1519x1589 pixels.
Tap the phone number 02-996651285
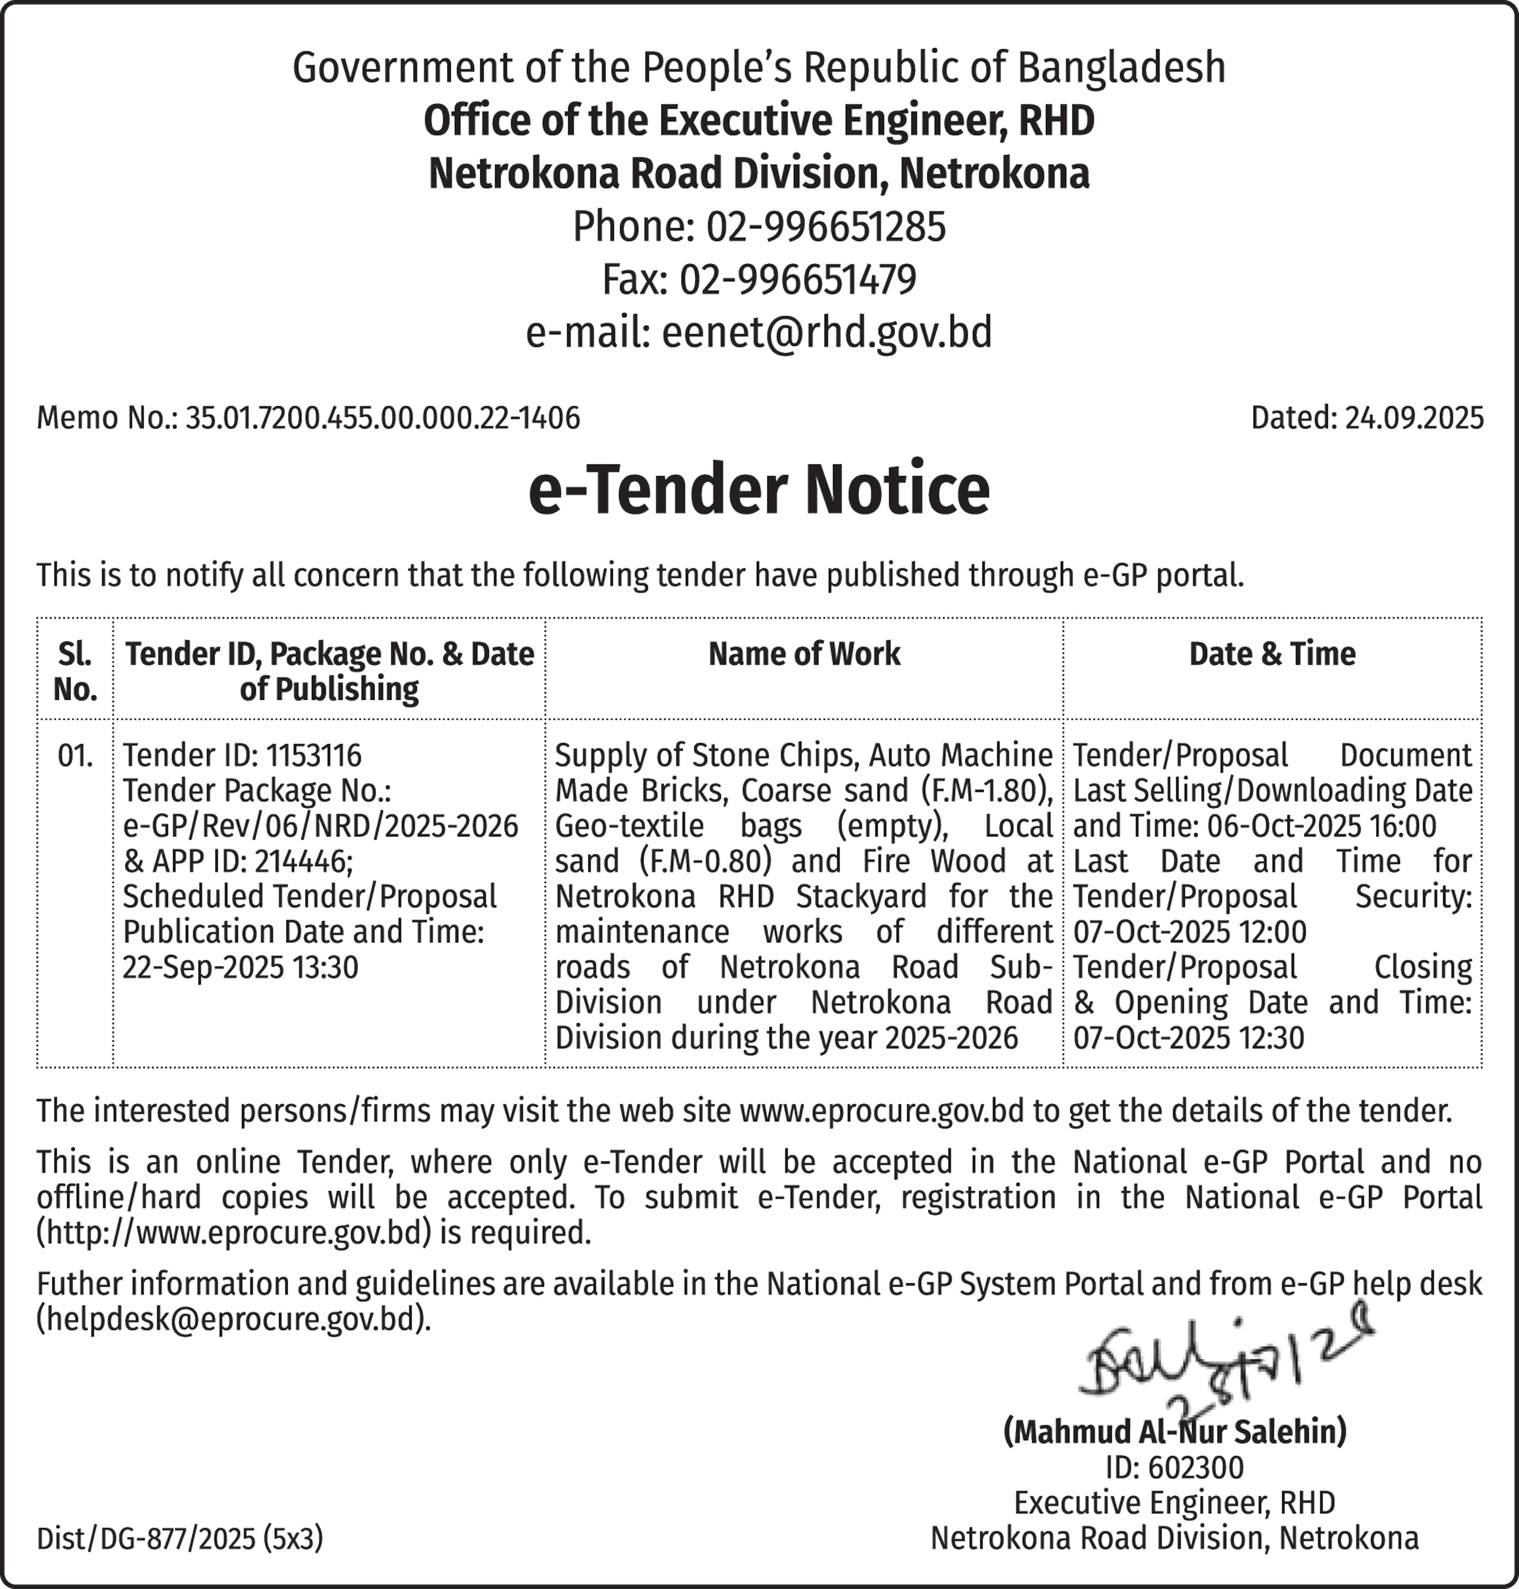tap(826, 227)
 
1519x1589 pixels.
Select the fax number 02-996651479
tap(797, 279)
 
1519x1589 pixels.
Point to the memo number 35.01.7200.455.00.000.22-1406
tap(382, 418)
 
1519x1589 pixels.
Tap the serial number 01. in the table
tap(75, 755)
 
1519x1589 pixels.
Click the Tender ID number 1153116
tap(313, 755)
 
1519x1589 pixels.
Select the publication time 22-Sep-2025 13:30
tap(241, 967)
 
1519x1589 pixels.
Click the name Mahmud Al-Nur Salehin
tap(1175, 1432)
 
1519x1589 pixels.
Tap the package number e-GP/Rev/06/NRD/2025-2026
tap(321, 826)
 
